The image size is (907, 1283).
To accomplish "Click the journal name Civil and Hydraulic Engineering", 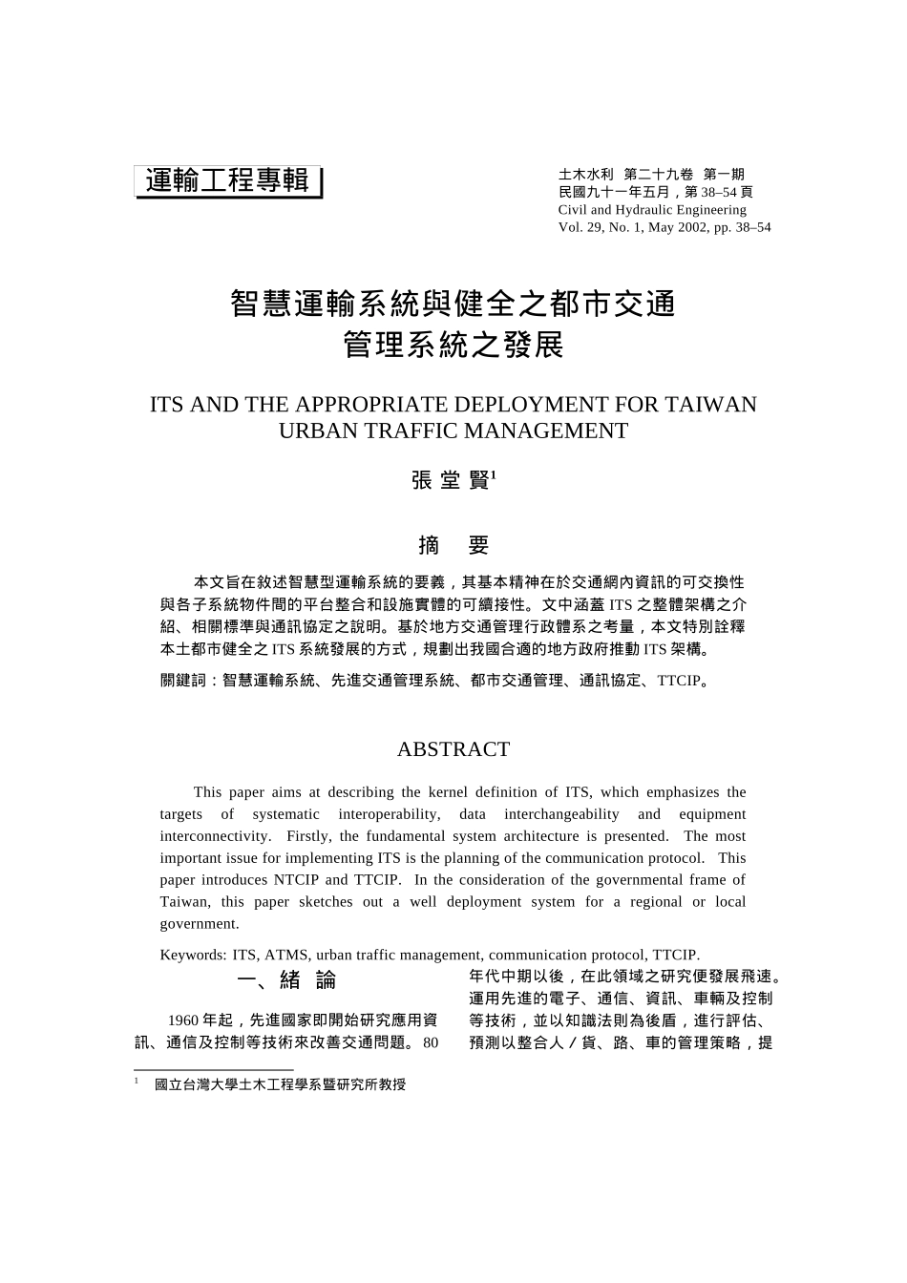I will click(x=652, y=210).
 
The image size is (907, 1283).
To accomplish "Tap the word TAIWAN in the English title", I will click(x=709, y=405).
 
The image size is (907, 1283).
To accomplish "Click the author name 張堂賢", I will click(x=451, y=480).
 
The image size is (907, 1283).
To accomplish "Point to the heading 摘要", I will click(x=453, y=545).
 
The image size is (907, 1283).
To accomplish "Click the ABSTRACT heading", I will click(x=453, y=749).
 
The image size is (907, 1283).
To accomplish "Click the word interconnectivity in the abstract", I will click(x=215, y=836).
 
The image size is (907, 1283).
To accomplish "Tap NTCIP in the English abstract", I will click(x=296, y=880).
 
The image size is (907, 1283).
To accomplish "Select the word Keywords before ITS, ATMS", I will click(x=192, y=955).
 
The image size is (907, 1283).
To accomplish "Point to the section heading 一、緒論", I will click(x=286, y=980).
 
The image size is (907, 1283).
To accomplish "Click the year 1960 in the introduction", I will click(x=183, y=1020).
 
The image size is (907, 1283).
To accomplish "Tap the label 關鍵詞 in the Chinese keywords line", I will click(x=183, y=682).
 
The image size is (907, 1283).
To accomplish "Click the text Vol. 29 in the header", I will click(x=580, y=227).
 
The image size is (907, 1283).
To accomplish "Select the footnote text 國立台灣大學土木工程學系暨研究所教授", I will click(x=280, y=1084).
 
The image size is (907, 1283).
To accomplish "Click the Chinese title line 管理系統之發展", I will click(x=453, y=345).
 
